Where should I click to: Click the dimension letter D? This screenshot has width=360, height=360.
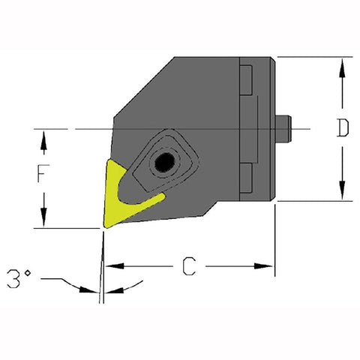tap(342, 129)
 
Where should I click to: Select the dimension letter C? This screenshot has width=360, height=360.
tap(190, 265)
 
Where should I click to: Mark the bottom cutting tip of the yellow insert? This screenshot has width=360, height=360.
tap(103, 225)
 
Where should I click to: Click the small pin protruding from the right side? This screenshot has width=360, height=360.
tap(286, 128)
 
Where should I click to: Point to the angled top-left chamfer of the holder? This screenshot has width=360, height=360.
tap(142, 88)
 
